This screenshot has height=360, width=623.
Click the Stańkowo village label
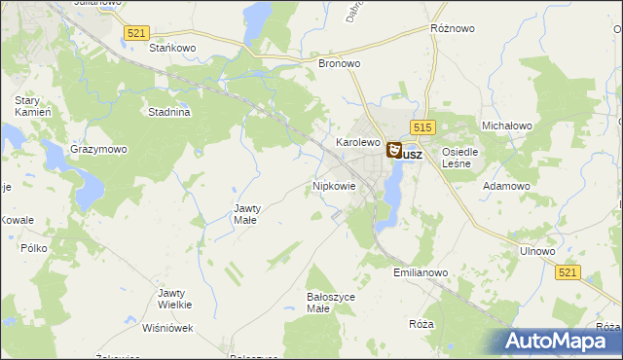[172, 47]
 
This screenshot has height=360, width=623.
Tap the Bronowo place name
[340, 63]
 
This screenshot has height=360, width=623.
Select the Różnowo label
[452, 29]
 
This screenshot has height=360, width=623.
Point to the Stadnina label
[168, 112]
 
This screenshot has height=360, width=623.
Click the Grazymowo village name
[98, 150]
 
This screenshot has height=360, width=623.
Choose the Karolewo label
[357, 142]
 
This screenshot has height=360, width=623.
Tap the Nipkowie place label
[334, 185]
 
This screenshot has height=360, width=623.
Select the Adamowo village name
[507, 185]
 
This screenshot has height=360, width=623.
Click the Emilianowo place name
[421, 273]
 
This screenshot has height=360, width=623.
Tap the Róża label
[421, 323]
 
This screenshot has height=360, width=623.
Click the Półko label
[34, 248]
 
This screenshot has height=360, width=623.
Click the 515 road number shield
[421, 127]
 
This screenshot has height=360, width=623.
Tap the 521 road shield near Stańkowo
[136, 33]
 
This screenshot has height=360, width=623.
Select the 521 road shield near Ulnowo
[570, 274]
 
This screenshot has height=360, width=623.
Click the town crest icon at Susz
[394, 150]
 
